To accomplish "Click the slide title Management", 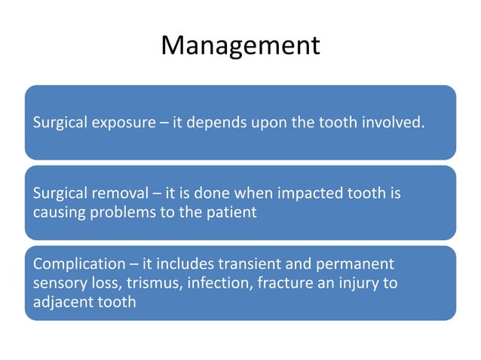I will click(x=240, y=46).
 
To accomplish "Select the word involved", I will click(x=393, y=122).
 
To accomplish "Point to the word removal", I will click(x=111, y=194).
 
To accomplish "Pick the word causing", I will click(x=57, y=212).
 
